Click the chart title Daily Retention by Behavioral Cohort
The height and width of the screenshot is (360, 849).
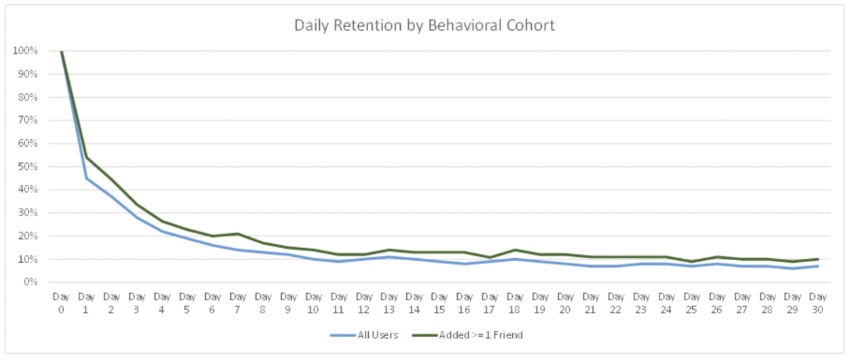424,26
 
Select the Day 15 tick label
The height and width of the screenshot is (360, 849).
440,302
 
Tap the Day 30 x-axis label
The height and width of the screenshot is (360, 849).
818,302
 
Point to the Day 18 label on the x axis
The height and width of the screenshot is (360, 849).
516,302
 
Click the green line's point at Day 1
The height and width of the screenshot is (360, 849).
86,158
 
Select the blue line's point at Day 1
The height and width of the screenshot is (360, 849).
86,178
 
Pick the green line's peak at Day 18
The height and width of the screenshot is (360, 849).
516,250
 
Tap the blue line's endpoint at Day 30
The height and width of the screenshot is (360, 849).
818,266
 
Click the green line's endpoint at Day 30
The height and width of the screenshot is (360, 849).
818,259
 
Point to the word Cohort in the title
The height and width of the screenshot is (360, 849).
532,26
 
